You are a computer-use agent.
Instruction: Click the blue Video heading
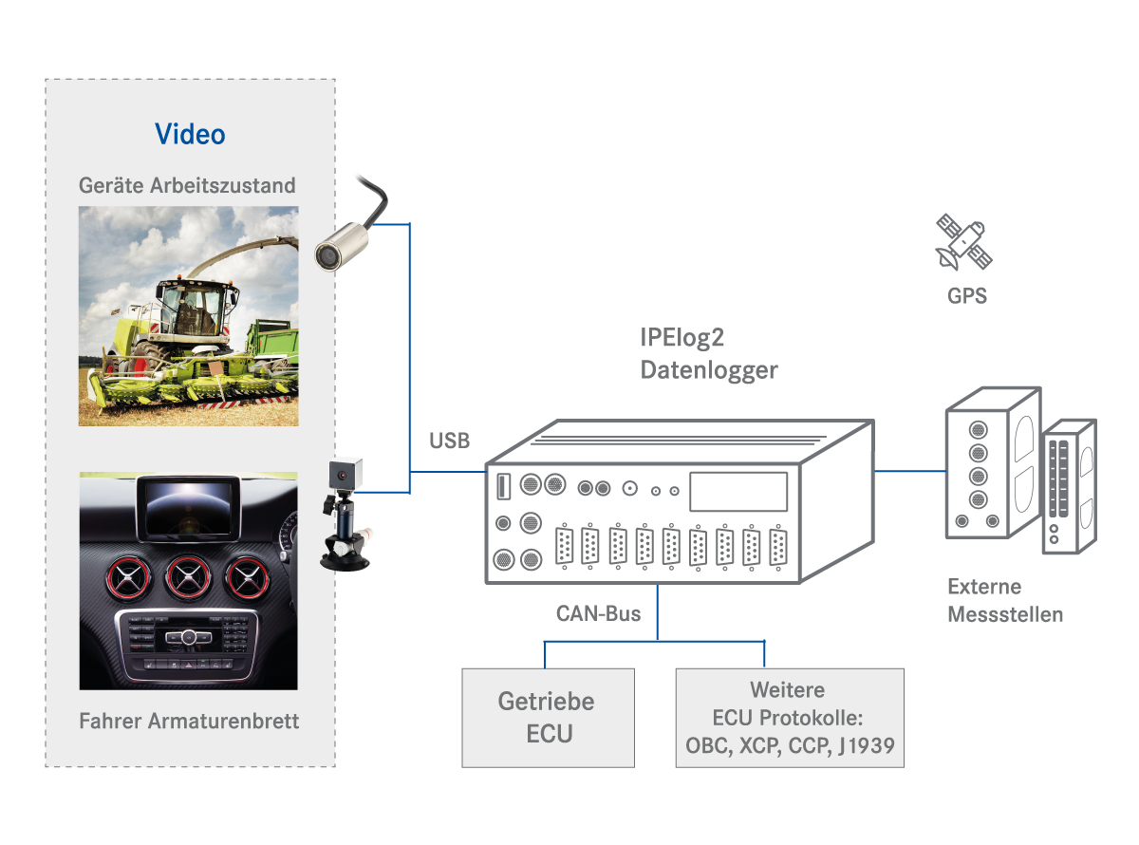click(190, 134)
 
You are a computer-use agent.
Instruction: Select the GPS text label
click(966, 295)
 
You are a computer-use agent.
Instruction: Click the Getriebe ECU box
click(548, 717)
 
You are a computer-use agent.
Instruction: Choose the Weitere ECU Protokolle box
click(789, 717)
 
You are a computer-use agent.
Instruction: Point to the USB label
click(449, 441)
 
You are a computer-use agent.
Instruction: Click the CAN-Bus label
click(598, 613)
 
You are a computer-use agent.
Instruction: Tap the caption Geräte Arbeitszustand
click(187, 185)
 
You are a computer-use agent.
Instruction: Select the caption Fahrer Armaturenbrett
click(189, 721)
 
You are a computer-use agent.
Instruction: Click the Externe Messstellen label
click(1005, 600)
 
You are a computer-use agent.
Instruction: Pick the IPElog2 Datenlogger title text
click(708, 354)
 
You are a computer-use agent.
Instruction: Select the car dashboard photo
click(188, 580)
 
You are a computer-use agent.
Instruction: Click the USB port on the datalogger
click(502, 486)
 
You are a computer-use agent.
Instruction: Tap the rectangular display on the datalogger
click(738, 492)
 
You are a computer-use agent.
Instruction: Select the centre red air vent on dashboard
click(188, 577)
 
